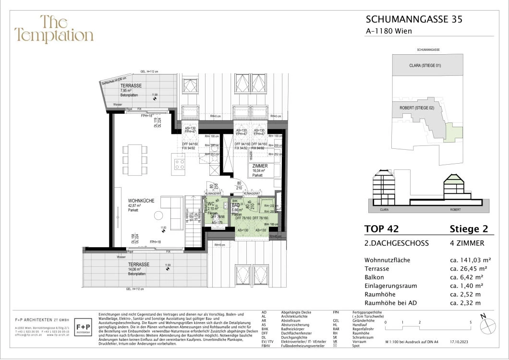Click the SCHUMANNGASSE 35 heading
(x=414, y=19)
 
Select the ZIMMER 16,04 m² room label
(x=259, y=166)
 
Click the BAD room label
(x=236, y=205)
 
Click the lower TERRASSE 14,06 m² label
(x=138, y=264)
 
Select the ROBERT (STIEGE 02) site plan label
(x=417, y=108)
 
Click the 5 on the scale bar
(x=471, y=323)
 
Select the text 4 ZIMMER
(x=464, y=243)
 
